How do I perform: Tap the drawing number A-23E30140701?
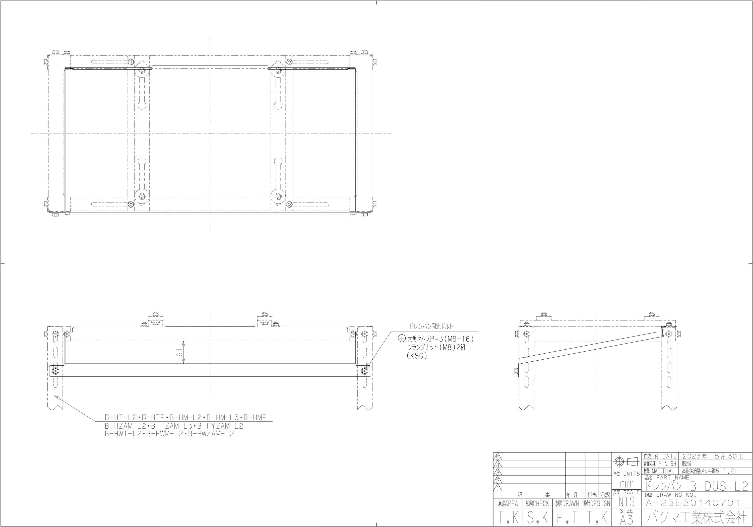pyautogui.click(x=692, y=503)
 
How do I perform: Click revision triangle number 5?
pyautogui.click(x=497, y=456)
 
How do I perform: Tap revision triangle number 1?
pyautogui.click(x=497, y=488)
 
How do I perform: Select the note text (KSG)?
pyautogui.click(x=417, y=356)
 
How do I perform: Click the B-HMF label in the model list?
pyautogui.click(x=255, y=418)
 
